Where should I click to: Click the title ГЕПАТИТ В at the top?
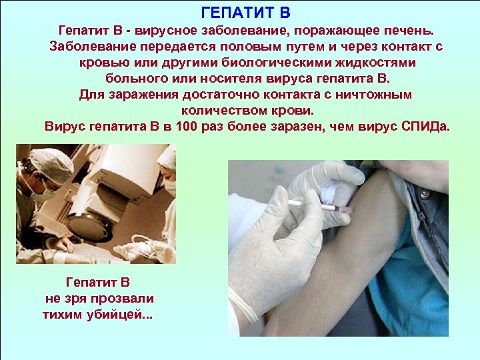pyautogui.click(x=245, y=13)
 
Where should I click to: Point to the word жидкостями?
pyautogui.click(x=377, y=63)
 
